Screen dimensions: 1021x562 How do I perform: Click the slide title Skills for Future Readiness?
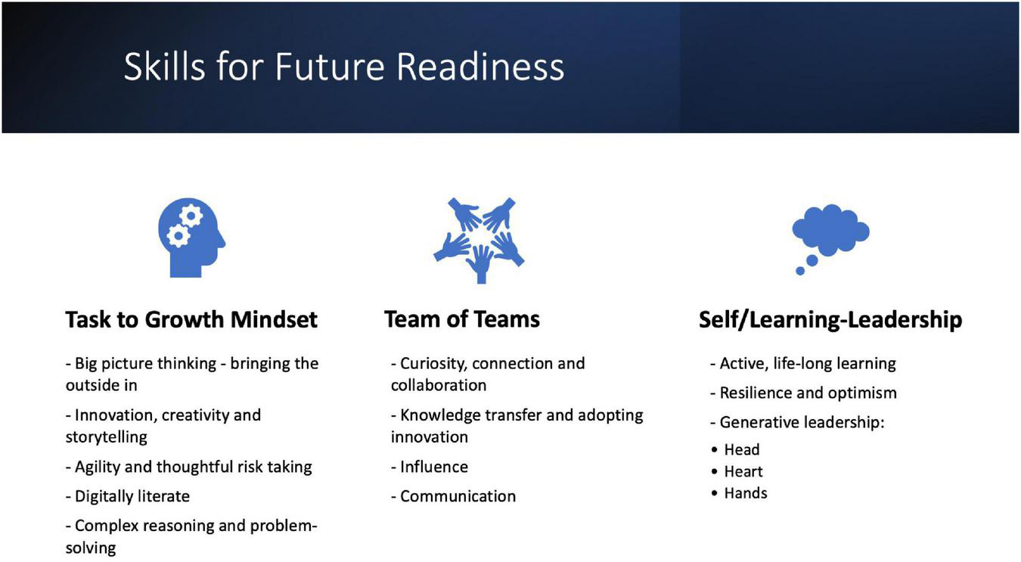tap(343, 67)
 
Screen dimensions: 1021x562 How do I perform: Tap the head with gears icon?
tap(191, 238)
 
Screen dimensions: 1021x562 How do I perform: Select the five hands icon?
tap(479, 241)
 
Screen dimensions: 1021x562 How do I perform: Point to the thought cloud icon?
tap(830, 239)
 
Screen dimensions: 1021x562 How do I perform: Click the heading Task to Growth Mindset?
tap(191, 319)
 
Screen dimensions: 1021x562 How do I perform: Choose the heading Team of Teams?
tap(462, 319)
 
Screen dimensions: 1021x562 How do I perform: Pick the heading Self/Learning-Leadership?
tap(830, 320)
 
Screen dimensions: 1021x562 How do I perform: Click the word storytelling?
tap(106, 437)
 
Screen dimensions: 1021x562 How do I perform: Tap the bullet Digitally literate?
tap(128, 496)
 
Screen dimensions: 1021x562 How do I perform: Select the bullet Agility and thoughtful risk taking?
tap(189, 467)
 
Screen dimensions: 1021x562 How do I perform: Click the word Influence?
tap(434, 467)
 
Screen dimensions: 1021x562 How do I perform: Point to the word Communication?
tap(458, 496)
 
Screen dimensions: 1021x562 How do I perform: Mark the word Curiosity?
tap(433, 364)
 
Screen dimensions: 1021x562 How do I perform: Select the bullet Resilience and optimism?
tap(804, 393)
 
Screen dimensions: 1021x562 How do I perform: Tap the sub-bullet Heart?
tap(743, 471)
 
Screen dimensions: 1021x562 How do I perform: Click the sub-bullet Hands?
tap(746, 493)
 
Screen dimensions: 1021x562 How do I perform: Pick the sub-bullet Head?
tap(742, 450)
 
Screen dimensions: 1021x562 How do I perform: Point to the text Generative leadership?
tap(797, 423)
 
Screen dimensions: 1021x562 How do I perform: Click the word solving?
tap(91, 548)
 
